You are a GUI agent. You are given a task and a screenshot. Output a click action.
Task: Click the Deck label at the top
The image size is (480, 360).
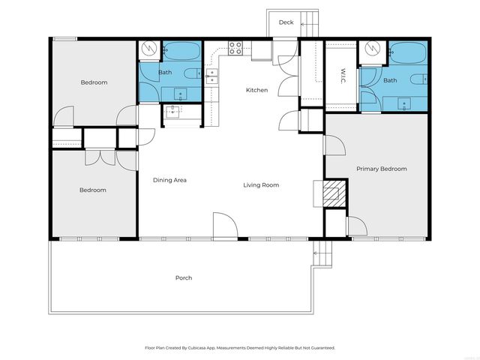[286, 22]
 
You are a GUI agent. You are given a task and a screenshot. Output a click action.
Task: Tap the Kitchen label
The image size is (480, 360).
[256, 91]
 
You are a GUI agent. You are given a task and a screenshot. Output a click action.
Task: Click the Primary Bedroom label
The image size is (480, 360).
[381, 169]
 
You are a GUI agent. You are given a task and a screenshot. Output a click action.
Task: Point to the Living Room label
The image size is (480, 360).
[261, 184]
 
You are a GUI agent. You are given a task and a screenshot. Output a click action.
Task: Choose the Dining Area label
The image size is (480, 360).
[169, 180]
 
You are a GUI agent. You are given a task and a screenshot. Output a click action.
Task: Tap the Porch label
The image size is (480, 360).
[184, 277]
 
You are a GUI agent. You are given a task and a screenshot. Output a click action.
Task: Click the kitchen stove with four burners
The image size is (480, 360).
[235, 49]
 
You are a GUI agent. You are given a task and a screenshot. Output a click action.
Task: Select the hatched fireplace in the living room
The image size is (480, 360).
[331, 194]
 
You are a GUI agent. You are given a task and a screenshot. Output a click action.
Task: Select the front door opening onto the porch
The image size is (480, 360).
[224, 226]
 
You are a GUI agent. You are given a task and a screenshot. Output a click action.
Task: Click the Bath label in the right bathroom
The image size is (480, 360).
[390, 80]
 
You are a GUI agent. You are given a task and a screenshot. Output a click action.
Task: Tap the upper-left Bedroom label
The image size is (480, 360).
[94, 82]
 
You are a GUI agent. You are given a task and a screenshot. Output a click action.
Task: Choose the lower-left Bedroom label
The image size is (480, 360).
[93, 190]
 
